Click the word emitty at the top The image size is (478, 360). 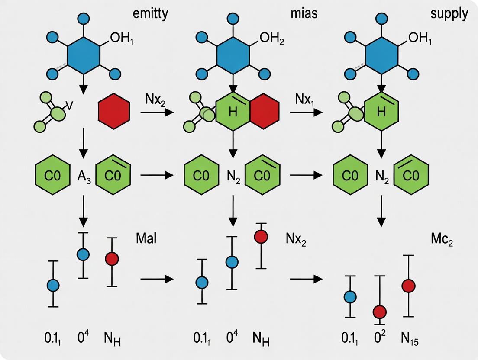(x=150, y=13)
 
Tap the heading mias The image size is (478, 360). (x=304, y=13)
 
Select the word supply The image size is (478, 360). (x=449, y=13)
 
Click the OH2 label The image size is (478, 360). (x=271, y=40)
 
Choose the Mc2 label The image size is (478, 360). (x=441, y=241)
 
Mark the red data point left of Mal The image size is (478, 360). (x=112, y=258)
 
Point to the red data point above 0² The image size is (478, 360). (x=380, y=312)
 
